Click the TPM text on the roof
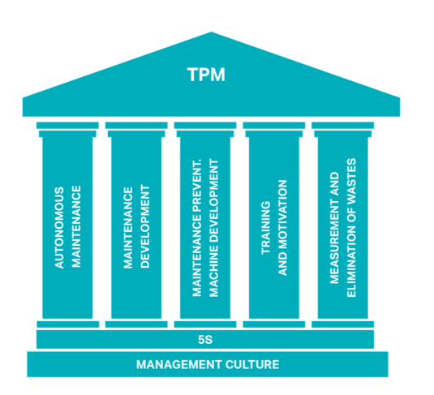pos(206,75)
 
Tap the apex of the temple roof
pos(211,32)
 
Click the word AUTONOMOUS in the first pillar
pos(59,228)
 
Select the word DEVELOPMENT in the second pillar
pos(145,227)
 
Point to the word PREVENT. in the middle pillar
pos(197,185)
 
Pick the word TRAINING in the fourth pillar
pos(266,228)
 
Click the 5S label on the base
pos(205,340)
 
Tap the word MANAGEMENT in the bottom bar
pos(179,364)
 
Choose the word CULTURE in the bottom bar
pos(252,364)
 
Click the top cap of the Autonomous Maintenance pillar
pos(67,126)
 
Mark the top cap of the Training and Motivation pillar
pos(274,126)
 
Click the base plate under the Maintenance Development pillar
pos(136,324)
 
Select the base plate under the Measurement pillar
pos(343,324)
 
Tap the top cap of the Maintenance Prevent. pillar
pos(205,126)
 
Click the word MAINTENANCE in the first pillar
pos(76,227)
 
